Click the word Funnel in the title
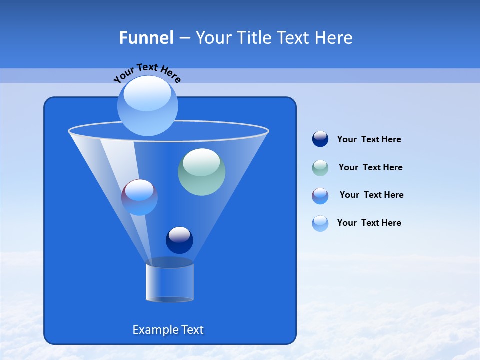point(146,38)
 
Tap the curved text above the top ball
point(147,72)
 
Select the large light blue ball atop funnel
point(147,105)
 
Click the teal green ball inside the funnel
point(201,172)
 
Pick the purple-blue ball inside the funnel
point(139,197)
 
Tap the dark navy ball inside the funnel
point(179,240)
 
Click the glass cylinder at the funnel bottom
point(170,282)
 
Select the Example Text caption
point(168,330)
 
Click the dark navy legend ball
point(320,139)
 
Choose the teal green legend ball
point(320,167)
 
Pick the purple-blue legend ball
point(320,195)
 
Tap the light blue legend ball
point(320,223)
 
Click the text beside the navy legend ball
point(369,140)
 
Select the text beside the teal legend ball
point(370,168)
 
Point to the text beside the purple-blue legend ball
point(371,195)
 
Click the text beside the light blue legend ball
point(369,223)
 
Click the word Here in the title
point(336,38)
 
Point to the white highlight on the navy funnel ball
point(179,234)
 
